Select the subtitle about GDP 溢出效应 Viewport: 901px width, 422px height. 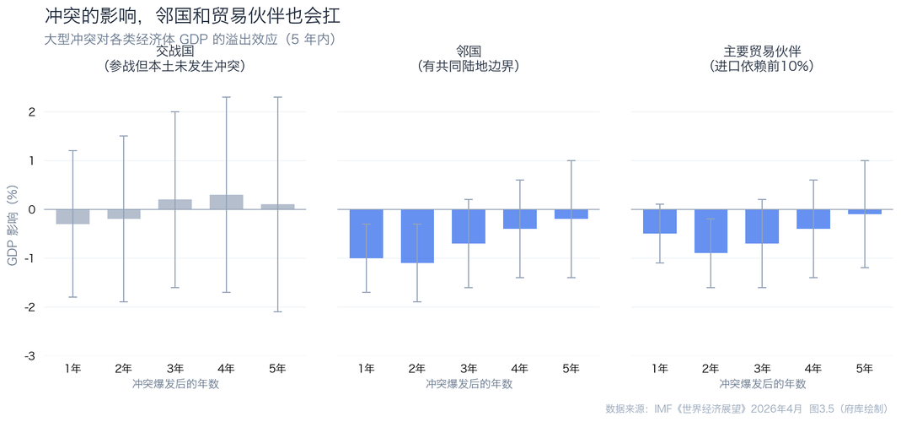[x=189, y=39]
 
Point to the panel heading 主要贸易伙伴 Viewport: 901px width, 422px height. [x=762, y=51]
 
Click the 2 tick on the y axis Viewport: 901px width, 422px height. [x=31, y=111]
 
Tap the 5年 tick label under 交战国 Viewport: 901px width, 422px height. [x=276, y=369]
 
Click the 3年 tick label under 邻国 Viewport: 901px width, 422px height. [x=469, y=369]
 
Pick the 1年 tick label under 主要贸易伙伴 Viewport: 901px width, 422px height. [x=660, y=369]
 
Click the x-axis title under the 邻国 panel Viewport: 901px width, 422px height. [x=469, y=384]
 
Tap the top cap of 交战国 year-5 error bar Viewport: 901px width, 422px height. [x=277, y=97]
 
